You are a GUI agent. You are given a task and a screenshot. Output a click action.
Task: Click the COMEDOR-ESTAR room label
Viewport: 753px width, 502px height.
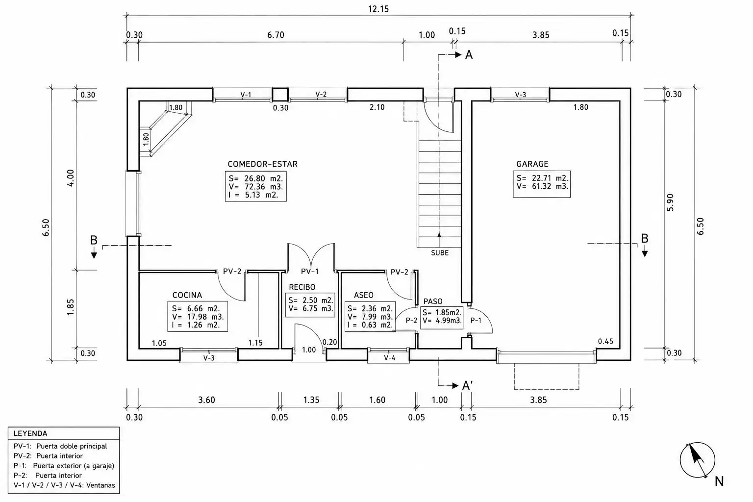click(263, 164)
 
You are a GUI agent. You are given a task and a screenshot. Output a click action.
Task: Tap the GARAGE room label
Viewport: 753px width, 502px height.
click(532, 164)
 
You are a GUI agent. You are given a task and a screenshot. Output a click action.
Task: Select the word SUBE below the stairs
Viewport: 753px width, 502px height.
click(440, 253)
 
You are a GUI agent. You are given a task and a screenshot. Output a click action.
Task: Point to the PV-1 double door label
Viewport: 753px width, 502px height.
click(310, 271)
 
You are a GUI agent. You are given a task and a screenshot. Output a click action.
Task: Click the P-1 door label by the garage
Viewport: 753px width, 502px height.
click(476, 321)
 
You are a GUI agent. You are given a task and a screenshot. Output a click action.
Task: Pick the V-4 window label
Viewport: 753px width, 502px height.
click(390, 358)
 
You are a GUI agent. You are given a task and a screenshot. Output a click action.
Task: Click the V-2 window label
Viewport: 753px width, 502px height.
click(321, 94)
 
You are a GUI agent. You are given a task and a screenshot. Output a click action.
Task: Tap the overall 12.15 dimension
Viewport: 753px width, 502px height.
click(378, 9)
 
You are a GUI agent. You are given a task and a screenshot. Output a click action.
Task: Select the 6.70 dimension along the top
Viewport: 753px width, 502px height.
click(276, 35)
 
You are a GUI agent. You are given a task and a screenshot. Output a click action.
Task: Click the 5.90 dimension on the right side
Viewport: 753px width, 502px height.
click(670, 202)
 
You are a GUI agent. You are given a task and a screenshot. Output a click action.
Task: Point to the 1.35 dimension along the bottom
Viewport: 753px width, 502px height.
click(311, 400)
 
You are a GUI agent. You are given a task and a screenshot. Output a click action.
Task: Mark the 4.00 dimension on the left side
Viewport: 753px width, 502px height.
click(70, 178)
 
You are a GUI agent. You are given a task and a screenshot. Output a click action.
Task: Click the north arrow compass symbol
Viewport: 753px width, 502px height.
click(697, 460)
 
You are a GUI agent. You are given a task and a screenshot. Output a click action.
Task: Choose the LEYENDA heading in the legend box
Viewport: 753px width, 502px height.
click(30, 433)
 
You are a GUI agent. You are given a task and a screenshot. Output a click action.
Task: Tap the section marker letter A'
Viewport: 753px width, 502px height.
click(468, 386)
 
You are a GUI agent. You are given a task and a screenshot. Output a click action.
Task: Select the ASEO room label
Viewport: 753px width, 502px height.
click(363, 295)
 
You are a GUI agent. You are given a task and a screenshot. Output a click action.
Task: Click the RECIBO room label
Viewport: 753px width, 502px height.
click(302, 287)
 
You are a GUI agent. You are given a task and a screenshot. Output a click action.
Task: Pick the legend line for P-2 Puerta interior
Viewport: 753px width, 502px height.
click(48, 476)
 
